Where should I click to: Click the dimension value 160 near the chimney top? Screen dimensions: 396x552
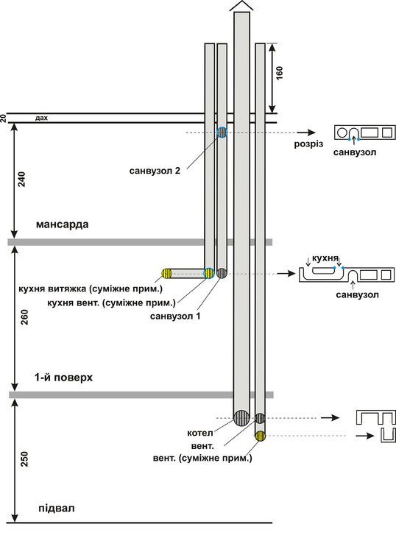[279, 73]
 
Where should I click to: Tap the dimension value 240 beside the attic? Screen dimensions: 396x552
[22, 179]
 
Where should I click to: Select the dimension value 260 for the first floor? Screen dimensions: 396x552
[24, 317]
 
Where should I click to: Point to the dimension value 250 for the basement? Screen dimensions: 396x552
[24, 459]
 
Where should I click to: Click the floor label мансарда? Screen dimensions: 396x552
[63, 224]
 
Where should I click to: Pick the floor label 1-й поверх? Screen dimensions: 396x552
[63, 378]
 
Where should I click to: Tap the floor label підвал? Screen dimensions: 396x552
[57, 509]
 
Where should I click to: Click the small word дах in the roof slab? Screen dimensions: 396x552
[41, 118]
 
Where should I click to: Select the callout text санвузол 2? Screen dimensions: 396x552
[155, 171]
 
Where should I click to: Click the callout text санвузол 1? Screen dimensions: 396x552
[175, 316]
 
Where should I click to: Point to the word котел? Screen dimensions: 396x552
[200, 433]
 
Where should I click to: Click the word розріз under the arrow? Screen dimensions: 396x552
[308, 144]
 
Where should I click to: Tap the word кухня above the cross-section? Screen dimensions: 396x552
[325, 258]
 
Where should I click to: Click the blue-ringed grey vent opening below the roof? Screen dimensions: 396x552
[222, 132]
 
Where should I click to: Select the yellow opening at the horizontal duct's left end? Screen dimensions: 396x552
[167, 274]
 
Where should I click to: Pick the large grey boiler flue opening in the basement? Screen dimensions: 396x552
[242, 418]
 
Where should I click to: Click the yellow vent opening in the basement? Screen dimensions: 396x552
[261, 436]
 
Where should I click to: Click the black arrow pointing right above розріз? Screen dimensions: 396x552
[306, 132]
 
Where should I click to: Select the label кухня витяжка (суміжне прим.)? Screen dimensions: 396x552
[91, 289]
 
